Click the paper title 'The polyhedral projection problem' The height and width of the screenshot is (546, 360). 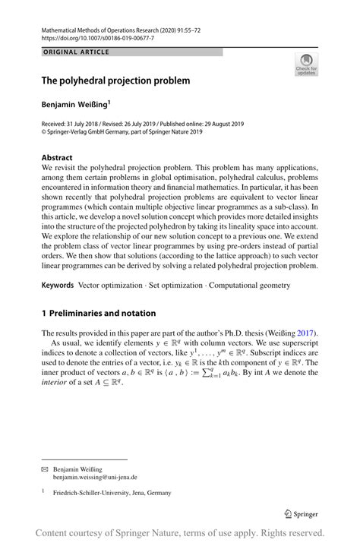click(x=115, y=80)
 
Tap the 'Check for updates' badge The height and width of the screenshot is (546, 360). click(x=306, y=65)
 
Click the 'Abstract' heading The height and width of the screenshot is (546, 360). click(x=58, y=157)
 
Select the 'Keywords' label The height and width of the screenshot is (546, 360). click(x=58, y=285)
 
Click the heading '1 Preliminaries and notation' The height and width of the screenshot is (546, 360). click(x=99, y=313)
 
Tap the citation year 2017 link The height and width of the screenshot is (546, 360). click(x=305, y=333)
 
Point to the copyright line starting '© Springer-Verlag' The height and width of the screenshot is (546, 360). click(x=122, y=131)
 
